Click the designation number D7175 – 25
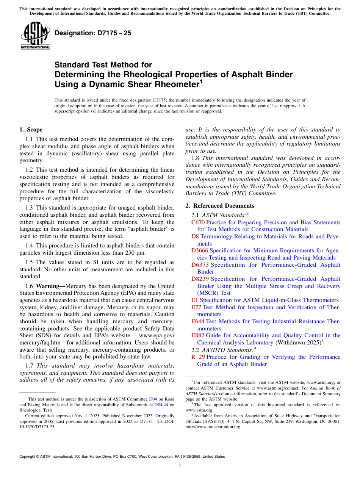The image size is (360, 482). (x=93, y=33)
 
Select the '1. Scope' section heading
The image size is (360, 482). (x=31, y=130)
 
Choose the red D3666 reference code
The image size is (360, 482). (x=200, y=250)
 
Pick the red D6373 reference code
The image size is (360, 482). (x=200, y=265)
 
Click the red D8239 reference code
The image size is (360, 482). (x=200, y=279)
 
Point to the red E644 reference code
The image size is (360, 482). (x=198, y=321)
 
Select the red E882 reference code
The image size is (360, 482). (x=198, y=335)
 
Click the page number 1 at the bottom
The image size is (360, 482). (x=180, y=465)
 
